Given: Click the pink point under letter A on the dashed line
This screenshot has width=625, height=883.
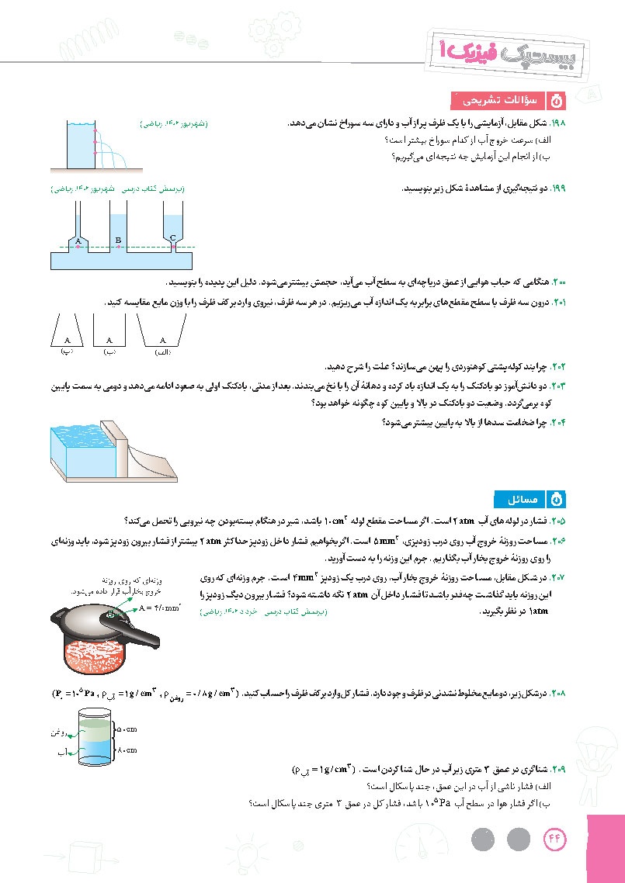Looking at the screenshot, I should click(78, 247).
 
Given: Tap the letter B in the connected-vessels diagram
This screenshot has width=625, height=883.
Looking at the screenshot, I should click(117, 241).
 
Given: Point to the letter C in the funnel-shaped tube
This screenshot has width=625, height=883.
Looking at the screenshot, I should click(172, 237).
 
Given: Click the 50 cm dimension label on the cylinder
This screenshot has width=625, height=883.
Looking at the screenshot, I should click(125, 730).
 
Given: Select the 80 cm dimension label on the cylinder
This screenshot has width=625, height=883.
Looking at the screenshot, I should click(126, 750).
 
